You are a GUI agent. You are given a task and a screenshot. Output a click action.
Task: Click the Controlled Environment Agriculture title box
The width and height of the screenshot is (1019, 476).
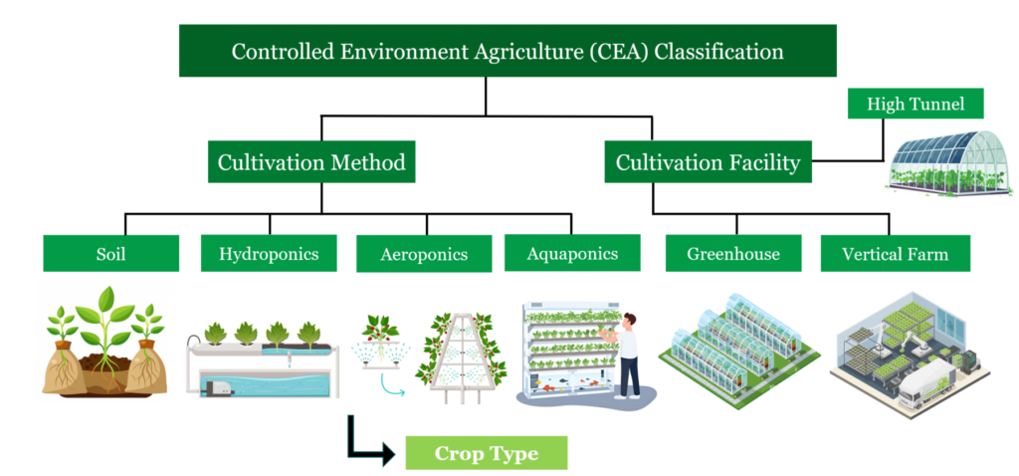(508, 51)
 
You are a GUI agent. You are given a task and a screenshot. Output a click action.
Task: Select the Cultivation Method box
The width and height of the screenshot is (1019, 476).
(311, 162)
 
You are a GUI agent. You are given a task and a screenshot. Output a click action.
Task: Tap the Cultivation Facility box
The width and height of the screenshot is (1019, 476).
(709, 162)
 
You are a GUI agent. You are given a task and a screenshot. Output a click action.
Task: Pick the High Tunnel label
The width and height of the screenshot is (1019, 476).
(916, 104)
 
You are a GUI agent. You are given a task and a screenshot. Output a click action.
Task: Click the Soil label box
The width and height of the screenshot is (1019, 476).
(111, 253)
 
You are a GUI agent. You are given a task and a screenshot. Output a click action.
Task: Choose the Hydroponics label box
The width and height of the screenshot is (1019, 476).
(269, 253)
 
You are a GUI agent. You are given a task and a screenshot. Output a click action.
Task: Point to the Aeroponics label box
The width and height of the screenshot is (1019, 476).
(424, 254)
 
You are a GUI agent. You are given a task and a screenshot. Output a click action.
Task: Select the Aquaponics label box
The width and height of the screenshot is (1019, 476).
(572, 252)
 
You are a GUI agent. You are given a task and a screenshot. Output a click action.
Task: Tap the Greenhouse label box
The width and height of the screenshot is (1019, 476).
(733, 253)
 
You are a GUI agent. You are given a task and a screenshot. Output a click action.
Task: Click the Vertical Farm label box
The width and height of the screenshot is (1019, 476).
(896, 253)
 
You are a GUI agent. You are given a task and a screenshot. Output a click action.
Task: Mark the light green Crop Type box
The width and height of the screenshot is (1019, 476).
(487, 452)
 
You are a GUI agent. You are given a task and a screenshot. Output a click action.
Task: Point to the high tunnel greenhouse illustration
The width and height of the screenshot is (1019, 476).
(949, 162)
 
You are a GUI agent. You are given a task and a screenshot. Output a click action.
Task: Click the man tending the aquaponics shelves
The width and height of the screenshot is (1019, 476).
(624, 356)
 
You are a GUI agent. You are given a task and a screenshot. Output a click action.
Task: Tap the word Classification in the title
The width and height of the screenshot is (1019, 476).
(718, 51)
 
